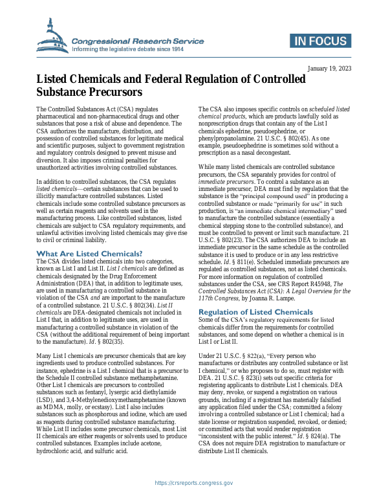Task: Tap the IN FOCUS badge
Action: click(320, 43)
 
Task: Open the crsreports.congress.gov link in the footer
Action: click(193, 482)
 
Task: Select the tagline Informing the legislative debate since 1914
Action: click(128, 49)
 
